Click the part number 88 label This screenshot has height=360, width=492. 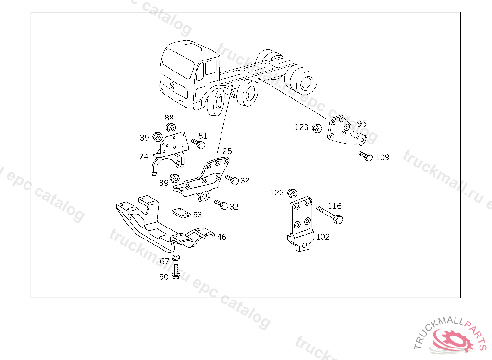tap(169, 118)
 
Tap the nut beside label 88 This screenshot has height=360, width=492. tap(171, 128)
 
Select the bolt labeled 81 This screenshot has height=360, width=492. tap(198, 144)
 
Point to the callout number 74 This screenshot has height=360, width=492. tap(144, 156)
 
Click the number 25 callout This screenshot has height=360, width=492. tap(227, 151)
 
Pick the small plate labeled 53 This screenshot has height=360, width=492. tap(181, 213)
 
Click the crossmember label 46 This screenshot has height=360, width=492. tap(221, 237)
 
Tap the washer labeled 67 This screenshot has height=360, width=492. tap(176, 258)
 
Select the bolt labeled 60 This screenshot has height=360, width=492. tap(176, 272)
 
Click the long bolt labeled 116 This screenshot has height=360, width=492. tap(330, 215)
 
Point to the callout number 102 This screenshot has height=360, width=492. tap(322, 237)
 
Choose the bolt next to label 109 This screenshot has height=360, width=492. tap(366, 156)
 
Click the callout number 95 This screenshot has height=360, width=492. tap(362, 124)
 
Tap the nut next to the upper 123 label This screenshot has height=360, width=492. tap(318, 128)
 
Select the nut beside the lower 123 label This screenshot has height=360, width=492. tap(293, 193)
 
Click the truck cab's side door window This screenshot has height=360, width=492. tap(211, 67)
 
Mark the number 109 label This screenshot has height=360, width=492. tap(382, 157)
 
